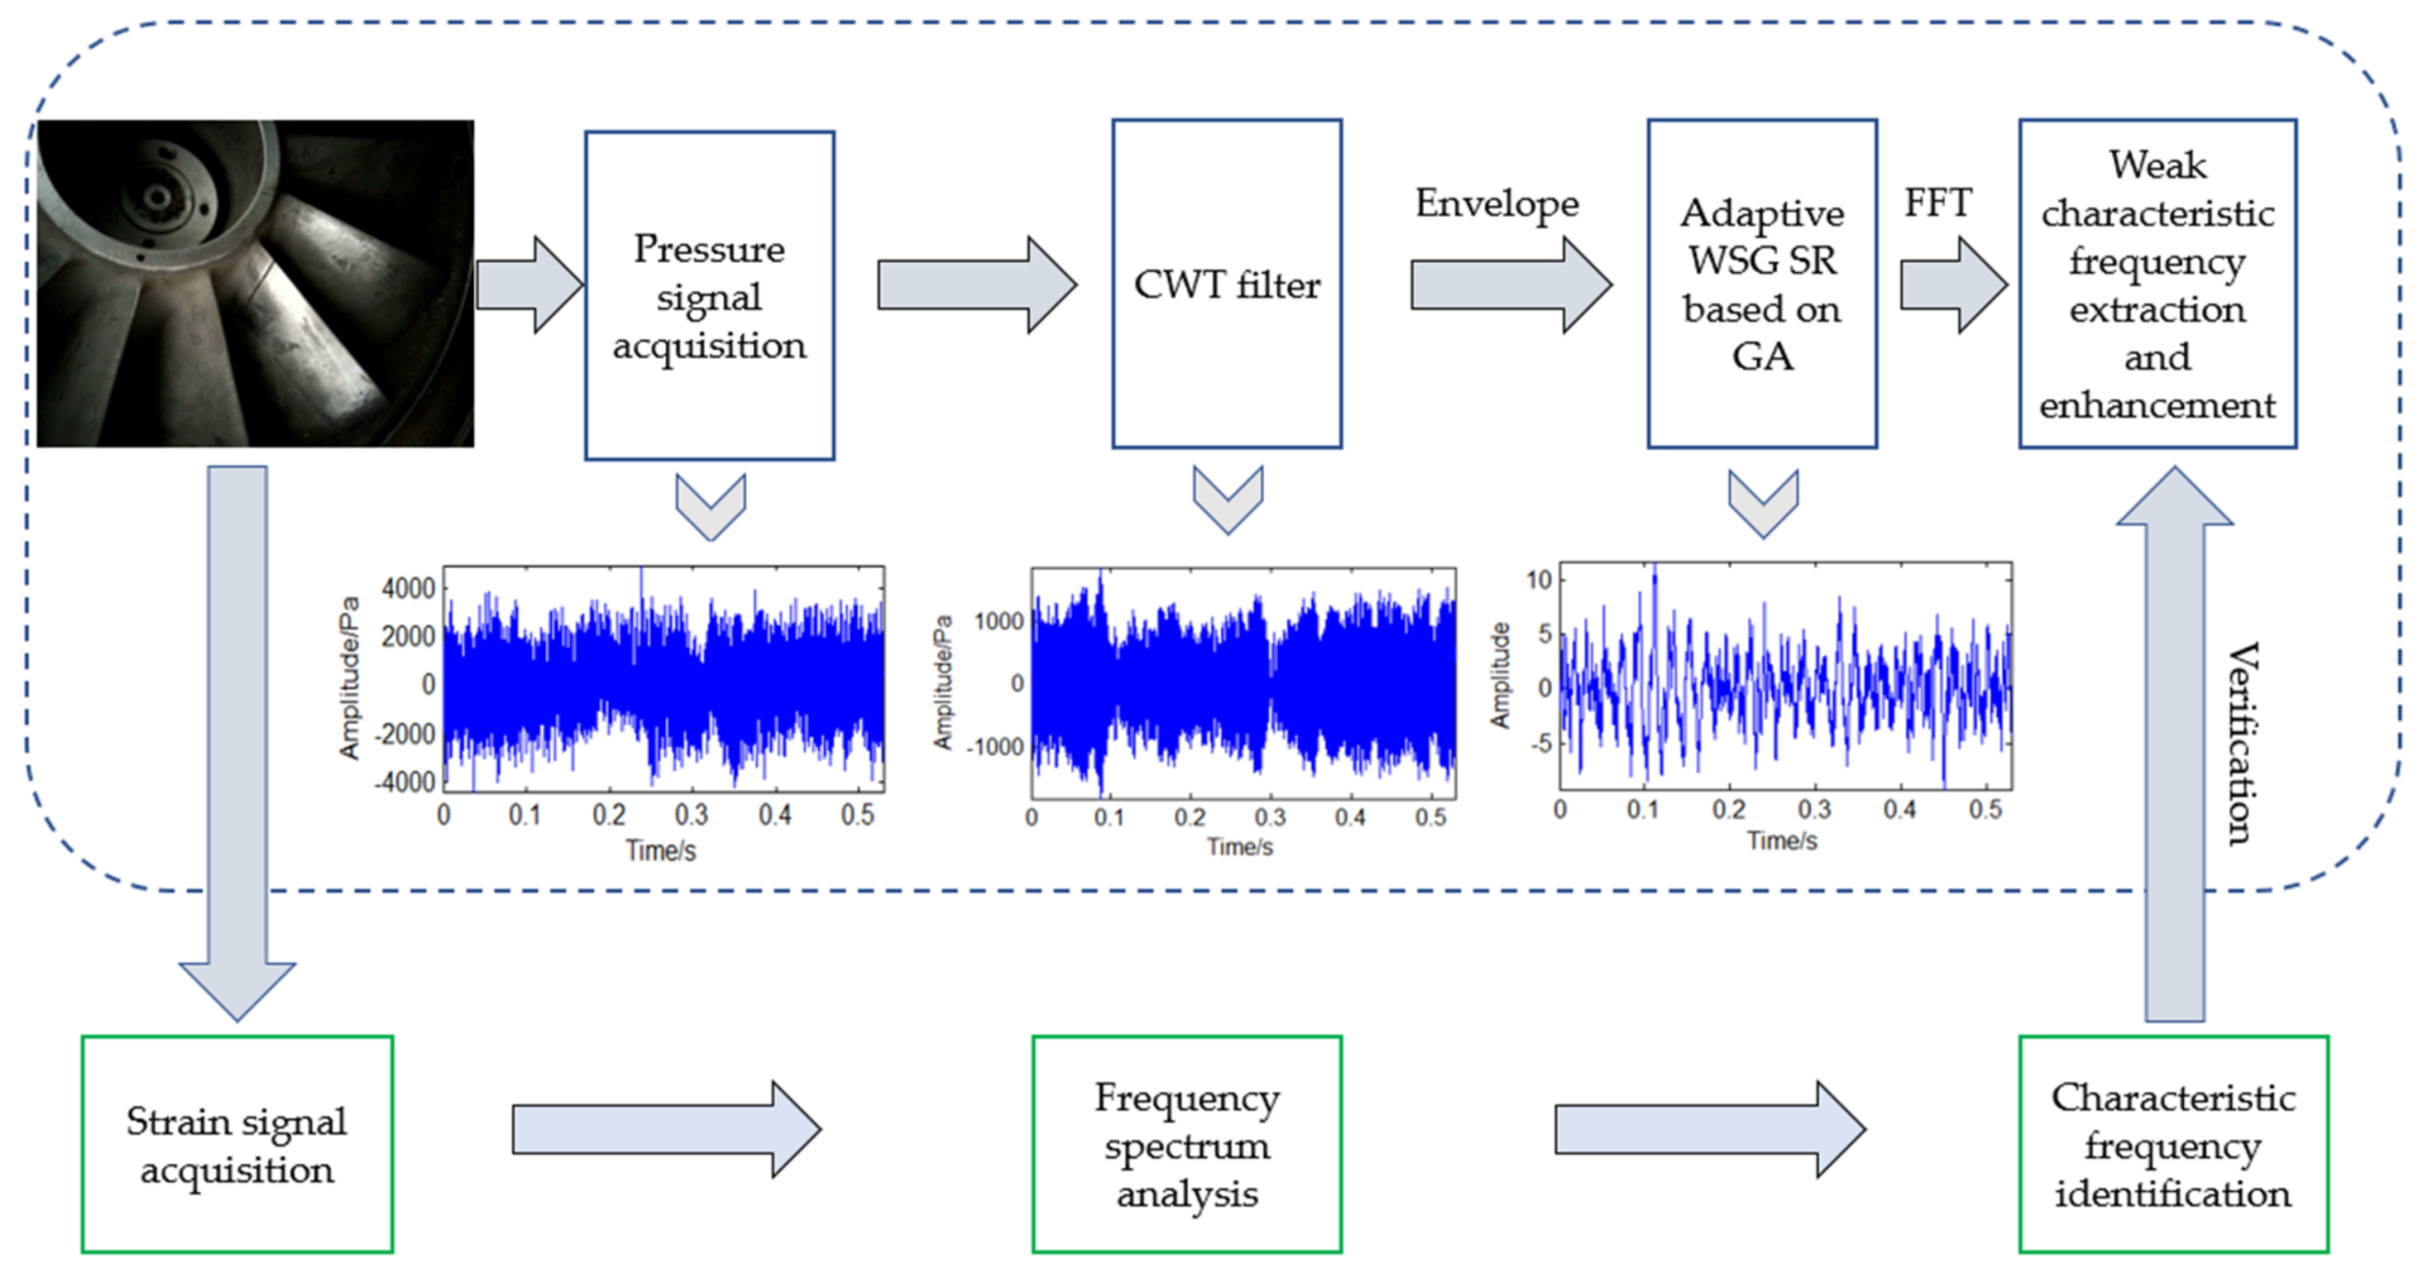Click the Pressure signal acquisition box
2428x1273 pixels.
coord(709,295)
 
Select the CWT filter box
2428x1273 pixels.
coord(1226,284)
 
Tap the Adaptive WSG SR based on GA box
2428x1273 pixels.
coord(1761,284)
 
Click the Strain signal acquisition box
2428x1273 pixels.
coord(237,1144)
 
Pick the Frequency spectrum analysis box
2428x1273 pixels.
coord(1187,1144)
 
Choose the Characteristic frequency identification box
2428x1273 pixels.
coord(2173,1144)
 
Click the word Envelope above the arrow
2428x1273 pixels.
coord(1497,204)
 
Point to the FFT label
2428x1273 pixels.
coord(1937,203)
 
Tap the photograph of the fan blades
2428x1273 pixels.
coord(255,283)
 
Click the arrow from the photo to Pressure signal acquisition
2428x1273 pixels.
coord(529,285)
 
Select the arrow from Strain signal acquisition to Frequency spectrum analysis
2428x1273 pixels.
coord(665,1128)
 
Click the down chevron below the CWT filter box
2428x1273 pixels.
coord(1227,498)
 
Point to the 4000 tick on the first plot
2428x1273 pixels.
coord(408,589)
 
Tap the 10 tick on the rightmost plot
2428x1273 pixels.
coord(1538,580)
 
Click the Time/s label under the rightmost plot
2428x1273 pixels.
coord(1781,840)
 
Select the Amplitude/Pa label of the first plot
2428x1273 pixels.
coord(350,677)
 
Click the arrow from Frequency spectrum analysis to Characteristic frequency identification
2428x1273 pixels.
coord(1709,1128)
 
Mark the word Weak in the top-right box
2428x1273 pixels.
coord(2158,165)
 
